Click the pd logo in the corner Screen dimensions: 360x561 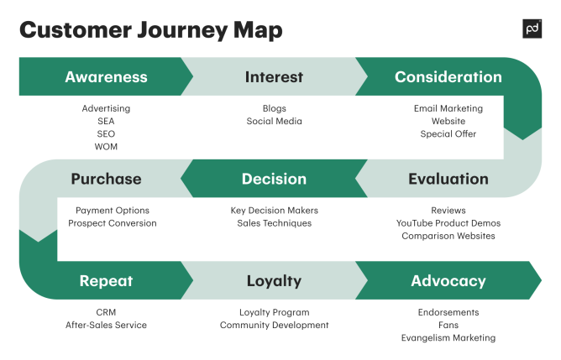[x=532, y=29]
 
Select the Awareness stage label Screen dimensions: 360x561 [x=106, y=77]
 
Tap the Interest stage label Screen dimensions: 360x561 [x=274, y=77]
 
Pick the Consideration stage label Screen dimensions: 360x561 [x=448, y=77]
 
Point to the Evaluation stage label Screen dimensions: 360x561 [x=448, y=179]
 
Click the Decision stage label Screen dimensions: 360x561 [x=274, y=179]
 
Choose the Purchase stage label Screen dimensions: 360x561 [x=106, y=179]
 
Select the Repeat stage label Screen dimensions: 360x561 [x=106, y=281]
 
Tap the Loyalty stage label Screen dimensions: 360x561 [x=274, y=281]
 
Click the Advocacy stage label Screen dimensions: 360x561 [x=448, y=281]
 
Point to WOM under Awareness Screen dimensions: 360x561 [x=106, y=147]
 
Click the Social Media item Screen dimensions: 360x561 [x=274, y=122]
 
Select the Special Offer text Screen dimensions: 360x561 [x=448, y=134]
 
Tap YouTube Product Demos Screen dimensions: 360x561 [x=448, y=223]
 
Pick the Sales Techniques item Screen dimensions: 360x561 [x=274, y=223]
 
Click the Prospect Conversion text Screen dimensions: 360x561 [x=112, y=223]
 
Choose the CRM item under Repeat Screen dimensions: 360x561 [x=106, y=312]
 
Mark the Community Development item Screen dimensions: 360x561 [x=274, y=325]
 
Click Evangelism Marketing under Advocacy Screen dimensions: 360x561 [x=448, y=338]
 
